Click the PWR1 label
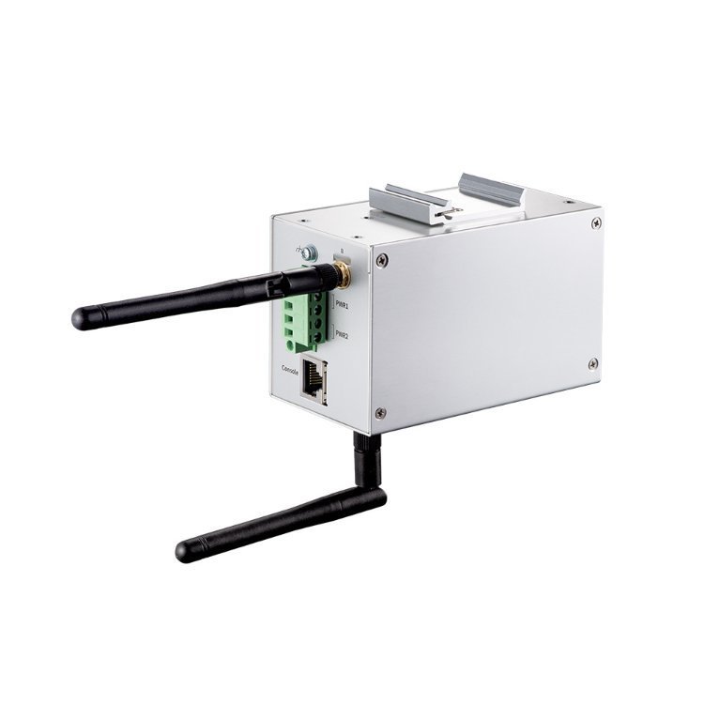pos(344,306)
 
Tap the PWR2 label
pos(344,335)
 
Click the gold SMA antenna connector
pos(344,274)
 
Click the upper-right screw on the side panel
pos(596,222)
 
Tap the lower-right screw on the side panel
pos(592,363)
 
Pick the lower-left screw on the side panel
pos(380,412)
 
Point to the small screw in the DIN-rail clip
pos(445,215)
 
